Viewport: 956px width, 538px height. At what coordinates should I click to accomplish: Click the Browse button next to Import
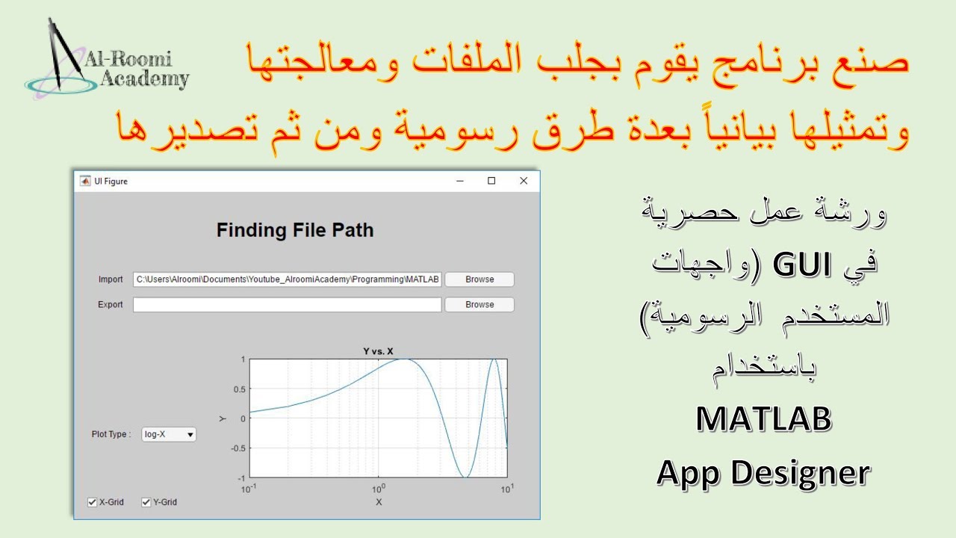[479, 279]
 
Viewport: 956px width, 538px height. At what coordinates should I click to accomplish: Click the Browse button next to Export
[479, 305]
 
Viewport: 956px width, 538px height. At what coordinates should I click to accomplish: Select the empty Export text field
[288, 305]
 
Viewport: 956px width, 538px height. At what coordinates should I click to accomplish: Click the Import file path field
[288, 279]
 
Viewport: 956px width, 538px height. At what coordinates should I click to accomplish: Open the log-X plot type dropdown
[169, 434]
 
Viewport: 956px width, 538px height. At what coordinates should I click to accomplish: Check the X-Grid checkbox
[93, 502]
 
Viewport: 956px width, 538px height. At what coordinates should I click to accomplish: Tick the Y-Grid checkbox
[146, 502]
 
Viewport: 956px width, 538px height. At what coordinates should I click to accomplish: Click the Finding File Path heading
[295, 230]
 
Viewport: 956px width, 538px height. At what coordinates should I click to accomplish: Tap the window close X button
[524, 181]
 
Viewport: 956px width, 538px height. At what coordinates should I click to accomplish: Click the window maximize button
[491, 181]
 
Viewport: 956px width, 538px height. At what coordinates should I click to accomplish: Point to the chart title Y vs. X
[378, 351]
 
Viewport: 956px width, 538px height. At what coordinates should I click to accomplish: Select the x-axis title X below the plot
[379, 502]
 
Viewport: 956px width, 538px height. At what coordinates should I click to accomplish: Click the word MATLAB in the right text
[763, 420]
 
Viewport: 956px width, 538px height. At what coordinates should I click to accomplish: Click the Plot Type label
[111, 434]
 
